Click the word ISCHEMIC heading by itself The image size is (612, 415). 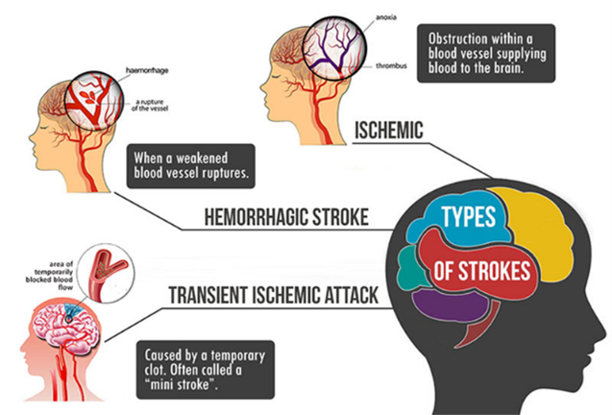click(389, 131)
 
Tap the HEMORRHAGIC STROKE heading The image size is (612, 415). click(286, 217)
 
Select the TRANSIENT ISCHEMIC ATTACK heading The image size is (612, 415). click(273, 295)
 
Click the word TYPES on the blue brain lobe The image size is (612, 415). click(469, 216)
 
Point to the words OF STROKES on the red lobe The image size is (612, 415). click(482, 271)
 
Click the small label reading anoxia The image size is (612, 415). click(386, 17)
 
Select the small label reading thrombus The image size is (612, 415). click(391, 66)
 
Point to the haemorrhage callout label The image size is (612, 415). click(147, 70)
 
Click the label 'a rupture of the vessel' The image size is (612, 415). click(150, 105)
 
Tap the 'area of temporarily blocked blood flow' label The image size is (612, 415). click(50, 276)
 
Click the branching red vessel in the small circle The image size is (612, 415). click(106, 272)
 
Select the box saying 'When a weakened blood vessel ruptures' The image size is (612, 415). click(191, 166)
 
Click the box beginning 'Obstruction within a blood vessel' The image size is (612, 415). click(486, 53)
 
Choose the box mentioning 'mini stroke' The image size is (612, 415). click(206, 370)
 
